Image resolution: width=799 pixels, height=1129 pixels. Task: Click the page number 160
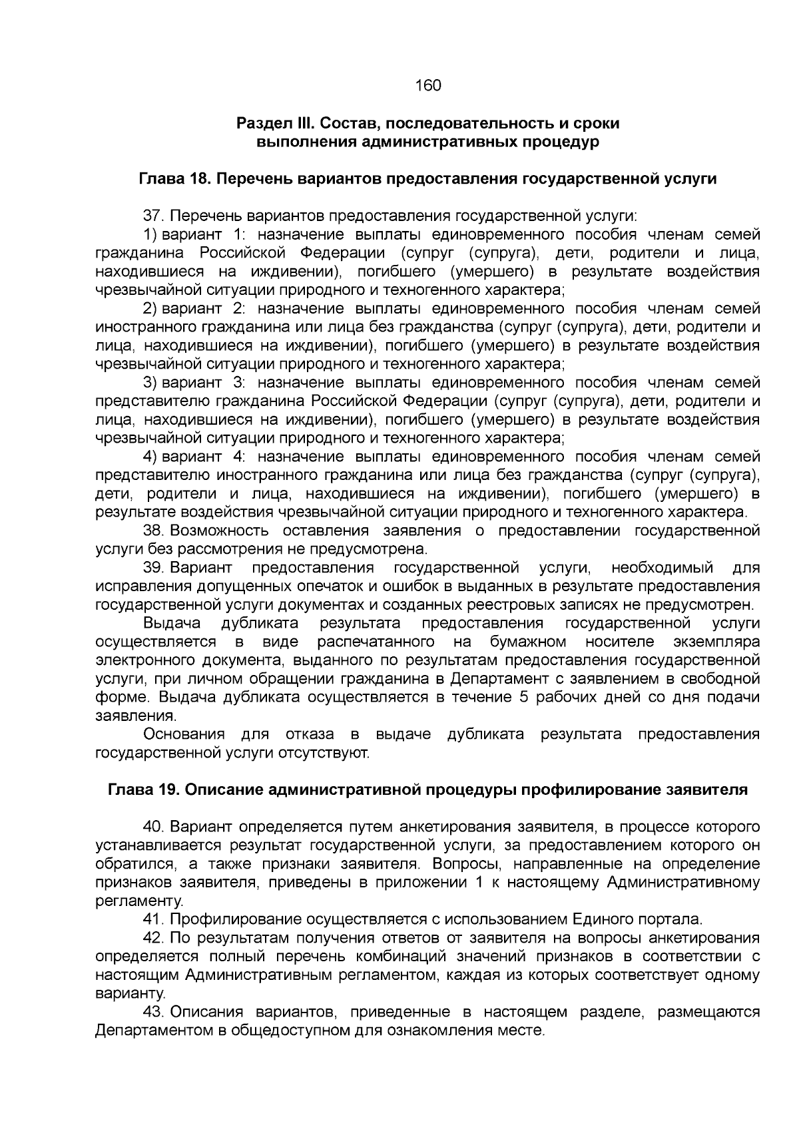(x=427, y=86)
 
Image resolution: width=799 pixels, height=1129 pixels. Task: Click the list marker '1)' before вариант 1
(x=150, y=235)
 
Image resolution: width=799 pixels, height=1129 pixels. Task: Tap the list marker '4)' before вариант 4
(x=150, y=457)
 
